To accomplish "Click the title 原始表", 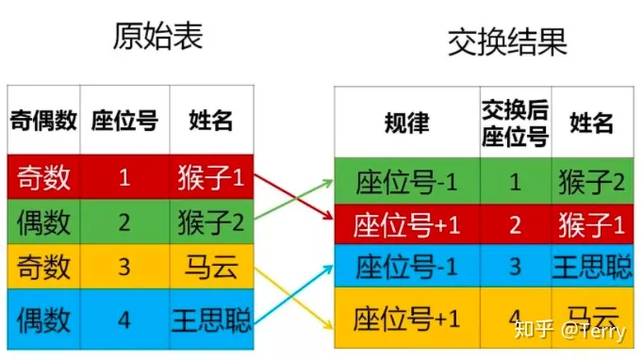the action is click(x=157, y=36).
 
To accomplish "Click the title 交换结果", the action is click(x=507, y=42).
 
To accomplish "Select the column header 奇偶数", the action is click(x=43, y=120).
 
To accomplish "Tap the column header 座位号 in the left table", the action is click(x=124, y=120).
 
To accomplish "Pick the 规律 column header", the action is click(x=406, y=123).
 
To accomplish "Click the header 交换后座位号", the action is click(x=515, y=123).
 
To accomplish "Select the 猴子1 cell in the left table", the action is click(x=211, y=177).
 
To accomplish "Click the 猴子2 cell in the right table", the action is click(x=592, y=182).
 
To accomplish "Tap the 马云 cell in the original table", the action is click(x=211, y=267).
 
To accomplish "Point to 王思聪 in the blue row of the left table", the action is click(x=211, y=319).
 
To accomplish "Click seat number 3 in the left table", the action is click(x=124, y=267).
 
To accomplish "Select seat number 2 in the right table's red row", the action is click(x=515, y=224).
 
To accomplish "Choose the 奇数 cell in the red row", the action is click(x=43, y=177).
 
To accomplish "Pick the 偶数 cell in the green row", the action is click(x=43, y=222).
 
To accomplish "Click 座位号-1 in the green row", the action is click(x=406, y=182).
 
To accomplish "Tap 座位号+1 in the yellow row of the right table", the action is click(x=406, y=319).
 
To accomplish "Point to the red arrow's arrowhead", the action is click(x=328, y=216).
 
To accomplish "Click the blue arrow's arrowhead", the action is click(x=328, y=269).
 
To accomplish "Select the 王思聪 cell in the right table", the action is click(x=593, y=267).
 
